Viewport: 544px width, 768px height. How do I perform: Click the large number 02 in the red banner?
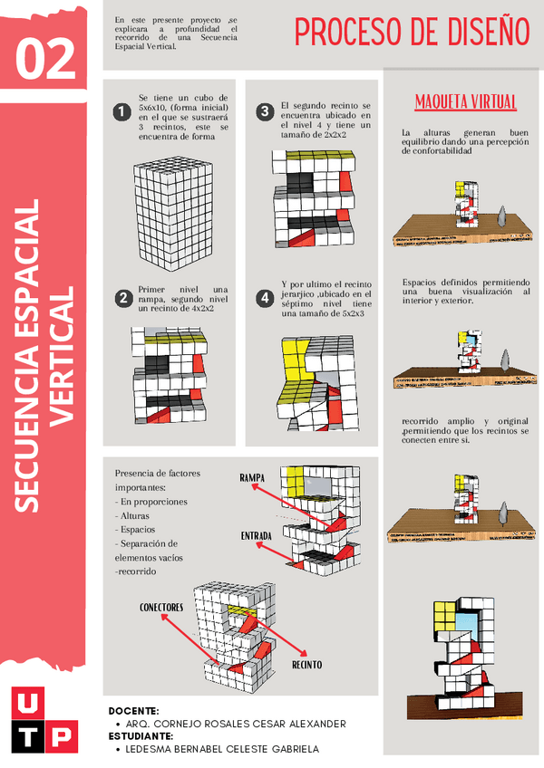click(x=45, y=60)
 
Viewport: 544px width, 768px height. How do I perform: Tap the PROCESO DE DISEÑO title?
click(x=412, y=33)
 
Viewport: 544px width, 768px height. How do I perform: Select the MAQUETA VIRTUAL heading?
click(x=465, y=101)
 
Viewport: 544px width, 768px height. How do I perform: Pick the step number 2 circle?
click(x=122, y=298)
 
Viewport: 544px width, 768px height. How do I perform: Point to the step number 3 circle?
click(x=264, y=112)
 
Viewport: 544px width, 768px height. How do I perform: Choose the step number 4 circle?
click(x=264, y=298)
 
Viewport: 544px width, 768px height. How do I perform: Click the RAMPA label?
click(x=257, y=477)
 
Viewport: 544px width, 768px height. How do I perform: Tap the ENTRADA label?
click(x=256, y=536)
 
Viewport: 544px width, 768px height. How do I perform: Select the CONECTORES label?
click(x=161, y=607)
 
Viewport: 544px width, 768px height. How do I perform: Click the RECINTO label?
click(x=306, y=665)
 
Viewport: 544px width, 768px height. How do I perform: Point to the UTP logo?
click(x=46, y=719)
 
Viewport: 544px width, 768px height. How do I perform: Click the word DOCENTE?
click(x=133, y=711)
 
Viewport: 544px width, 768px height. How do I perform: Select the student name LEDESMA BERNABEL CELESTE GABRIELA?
click(x=221, y=749)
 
